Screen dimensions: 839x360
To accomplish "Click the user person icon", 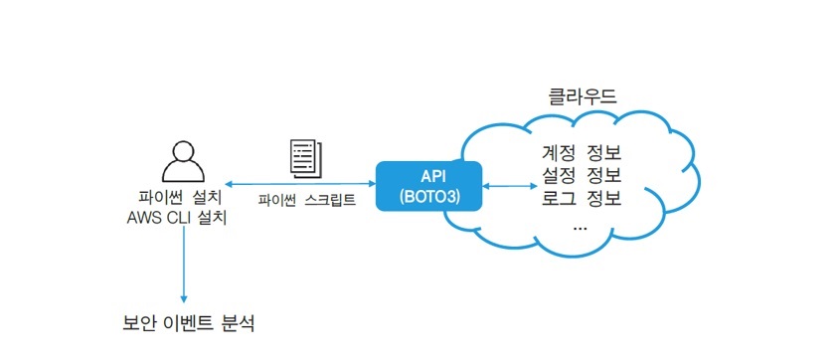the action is click(x=184, y=161).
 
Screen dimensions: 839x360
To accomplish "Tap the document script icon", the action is click(x=306, y=158).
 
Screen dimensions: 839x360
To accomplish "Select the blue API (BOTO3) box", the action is click(x=429, y=186).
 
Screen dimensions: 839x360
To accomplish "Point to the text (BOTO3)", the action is click(x=429, y=196).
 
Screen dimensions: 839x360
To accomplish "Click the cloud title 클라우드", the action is click(x=583, y=96).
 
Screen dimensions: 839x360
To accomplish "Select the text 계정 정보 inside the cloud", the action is click(x=582, y=153).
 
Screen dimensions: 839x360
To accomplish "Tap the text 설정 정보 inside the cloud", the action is click(x=582, y=176).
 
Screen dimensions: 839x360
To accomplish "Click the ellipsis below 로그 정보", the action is click(x=580, y=229).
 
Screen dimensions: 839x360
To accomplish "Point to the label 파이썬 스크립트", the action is click(x=306, y=201).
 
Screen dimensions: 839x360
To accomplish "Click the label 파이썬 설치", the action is click(x=180, y=197).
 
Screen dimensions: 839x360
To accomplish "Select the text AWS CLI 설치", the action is click(x=177, y=218).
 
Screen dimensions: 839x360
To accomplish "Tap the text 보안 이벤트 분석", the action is click(x=188, y=323).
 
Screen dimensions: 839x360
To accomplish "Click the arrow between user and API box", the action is click(x=300, y=184).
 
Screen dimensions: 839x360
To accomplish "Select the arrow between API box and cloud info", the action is click(x=510, y=186).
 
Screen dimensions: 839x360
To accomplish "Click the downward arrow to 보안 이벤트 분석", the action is click(x=184, y=265).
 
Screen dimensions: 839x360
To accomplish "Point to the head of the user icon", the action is click(x=184, y=150).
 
